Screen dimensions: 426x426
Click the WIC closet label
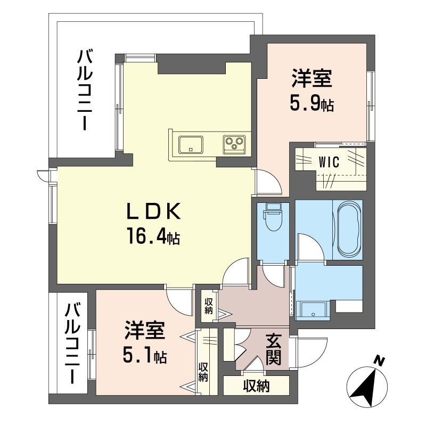(329, 163)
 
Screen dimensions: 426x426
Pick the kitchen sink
(190, 144)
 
